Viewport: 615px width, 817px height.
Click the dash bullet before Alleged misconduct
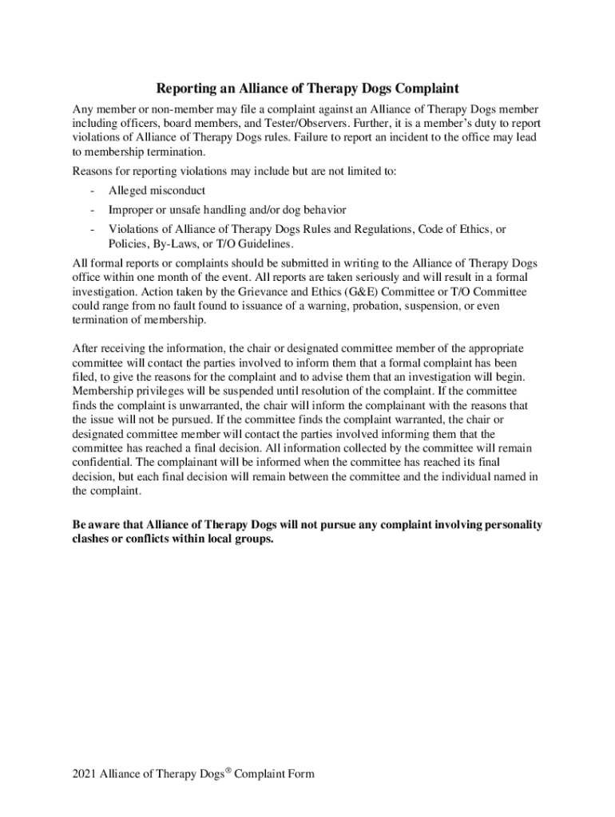(94, 191)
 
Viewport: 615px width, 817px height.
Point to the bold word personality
(511, 525)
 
